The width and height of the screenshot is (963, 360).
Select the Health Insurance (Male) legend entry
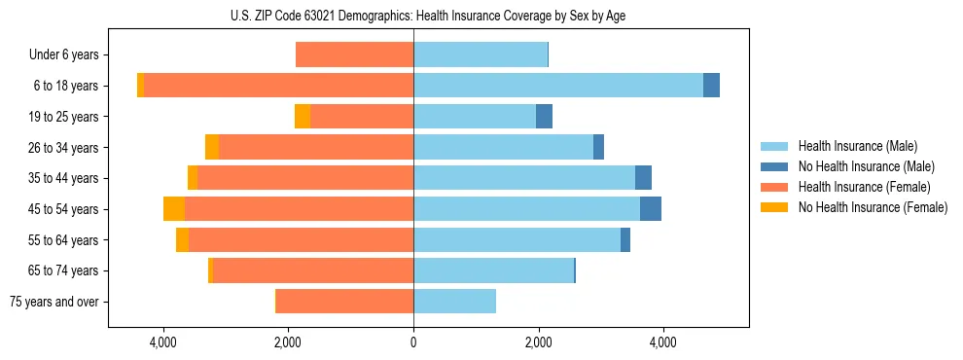click(x=857, y=146)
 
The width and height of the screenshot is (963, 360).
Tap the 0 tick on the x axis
click(x=413, y=342)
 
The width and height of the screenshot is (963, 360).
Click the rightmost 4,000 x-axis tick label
click(x=662, y=342)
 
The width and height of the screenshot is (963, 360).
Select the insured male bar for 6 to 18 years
click(x=557, y=86)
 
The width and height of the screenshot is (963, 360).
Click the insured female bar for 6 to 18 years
click(x=278, y=86)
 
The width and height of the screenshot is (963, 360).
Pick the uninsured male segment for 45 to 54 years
click(x=651, y=209)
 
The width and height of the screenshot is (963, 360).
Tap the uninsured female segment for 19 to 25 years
click(x=303, y=117)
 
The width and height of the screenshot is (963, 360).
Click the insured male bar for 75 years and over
click(x=454, y=302)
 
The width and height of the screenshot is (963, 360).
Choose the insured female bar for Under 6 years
click(x=354, y=55)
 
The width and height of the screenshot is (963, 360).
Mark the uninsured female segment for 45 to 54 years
click(x=174, y=209)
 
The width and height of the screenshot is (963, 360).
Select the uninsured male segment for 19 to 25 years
click(x=545, y=117)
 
